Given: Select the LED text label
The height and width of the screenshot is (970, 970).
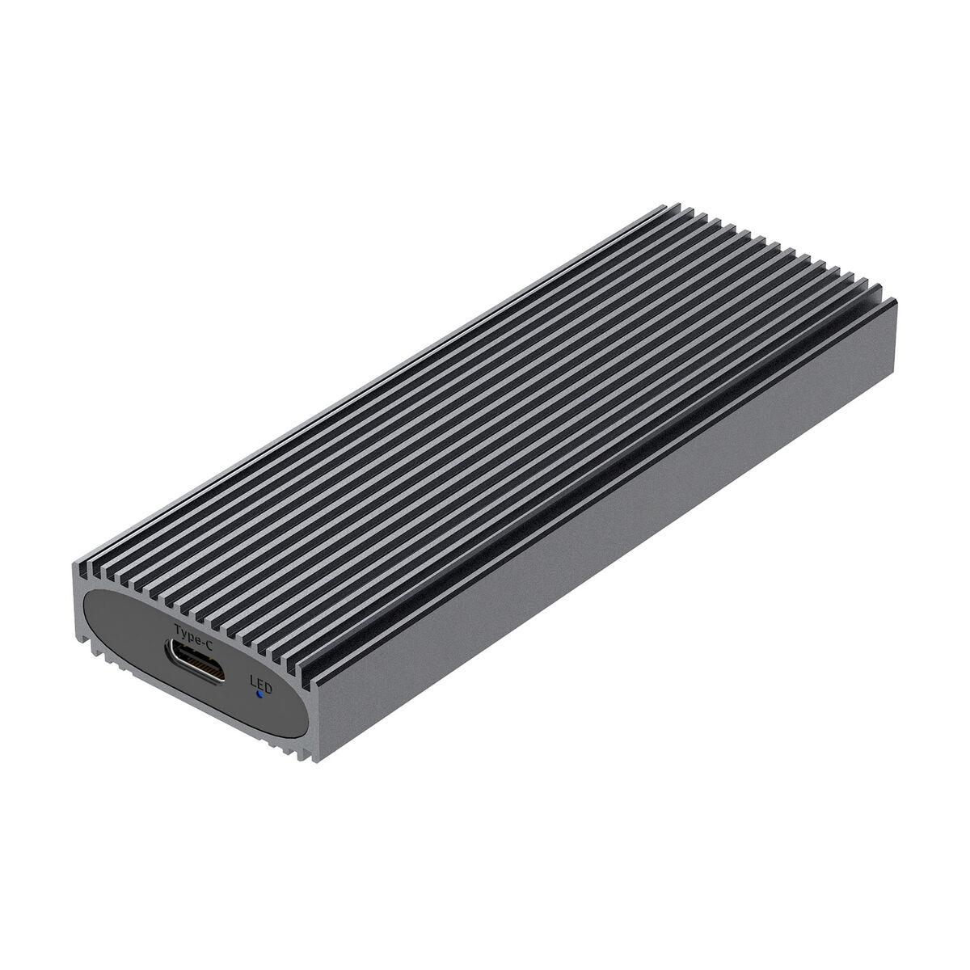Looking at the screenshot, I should pos(260,682).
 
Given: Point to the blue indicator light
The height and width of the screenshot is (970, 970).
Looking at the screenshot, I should pos(258,693).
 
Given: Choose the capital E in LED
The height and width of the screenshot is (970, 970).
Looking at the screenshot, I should pos(260,682).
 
